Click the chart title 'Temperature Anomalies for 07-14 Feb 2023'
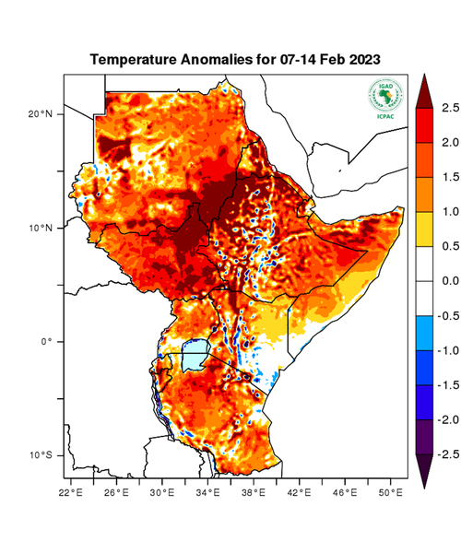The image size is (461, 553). (x=235, y=59)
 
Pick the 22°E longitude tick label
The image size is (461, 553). (x=73, y=493)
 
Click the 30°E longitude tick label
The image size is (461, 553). (x=163, y=493)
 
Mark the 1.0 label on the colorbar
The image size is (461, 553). (x=449, y=211)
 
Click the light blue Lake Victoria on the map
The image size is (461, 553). (x=194, y=355)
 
